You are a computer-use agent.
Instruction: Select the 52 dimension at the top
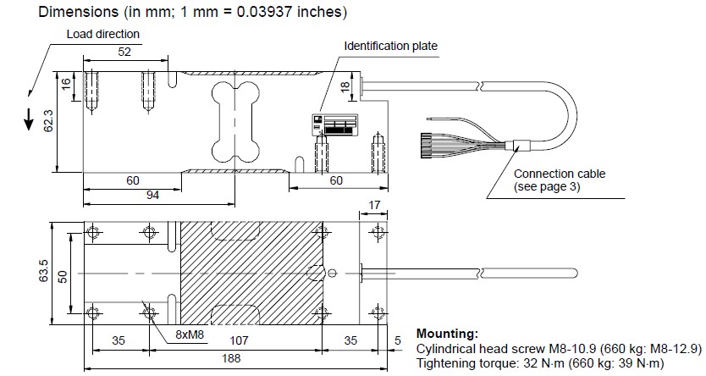pyautogui.click(x=125, y=53)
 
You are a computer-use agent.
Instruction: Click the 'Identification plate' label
pyautogui.click(x=391, y=45)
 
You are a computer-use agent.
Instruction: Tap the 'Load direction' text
pyautogui.click(x=103, y=34)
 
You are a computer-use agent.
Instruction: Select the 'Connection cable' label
pyautogui.click(x=560, y=174)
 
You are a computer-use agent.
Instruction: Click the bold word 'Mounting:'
pyautogui.click(x=447, y=334)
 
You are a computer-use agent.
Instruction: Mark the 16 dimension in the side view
pyautogui.click(x=66, y=83)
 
